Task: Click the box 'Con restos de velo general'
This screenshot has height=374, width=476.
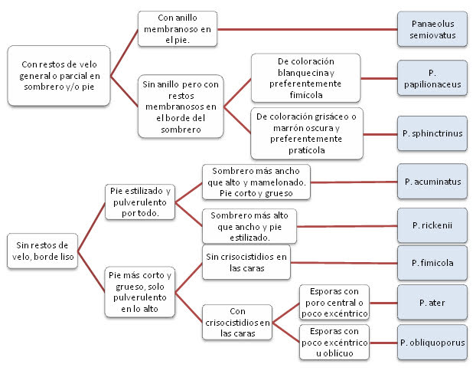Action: click(58, 76)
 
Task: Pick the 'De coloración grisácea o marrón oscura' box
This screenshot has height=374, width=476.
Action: click(307, 133)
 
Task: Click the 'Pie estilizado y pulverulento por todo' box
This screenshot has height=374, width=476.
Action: click(139, 202)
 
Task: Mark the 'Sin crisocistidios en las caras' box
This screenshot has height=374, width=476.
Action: click(246, 263)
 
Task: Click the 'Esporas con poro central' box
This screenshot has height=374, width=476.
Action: click(334, 303)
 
